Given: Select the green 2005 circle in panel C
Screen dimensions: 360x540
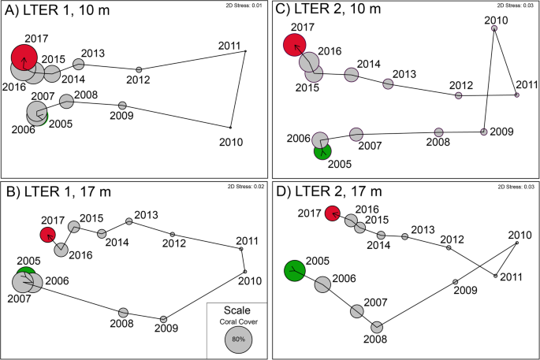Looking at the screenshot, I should (322, 150).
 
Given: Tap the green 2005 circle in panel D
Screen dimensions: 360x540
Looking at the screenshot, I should (295, 270).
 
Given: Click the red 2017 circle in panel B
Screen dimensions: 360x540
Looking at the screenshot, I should (49, 235).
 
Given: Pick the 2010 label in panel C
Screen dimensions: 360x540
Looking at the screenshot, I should (495, 19).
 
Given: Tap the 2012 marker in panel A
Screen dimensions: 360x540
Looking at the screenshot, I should (139, 69).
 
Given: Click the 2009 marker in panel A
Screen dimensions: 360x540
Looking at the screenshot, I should (122, 105).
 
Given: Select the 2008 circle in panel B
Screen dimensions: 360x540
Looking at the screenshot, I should (123, 313).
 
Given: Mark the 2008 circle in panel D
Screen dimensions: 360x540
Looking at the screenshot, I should (377, 326).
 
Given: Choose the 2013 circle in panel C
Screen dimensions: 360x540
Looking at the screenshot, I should (388, 84).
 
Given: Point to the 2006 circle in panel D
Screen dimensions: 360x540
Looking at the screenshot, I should (322, 284).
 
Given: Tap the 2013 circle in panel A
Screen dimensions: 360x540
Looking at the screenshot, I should (79, 64).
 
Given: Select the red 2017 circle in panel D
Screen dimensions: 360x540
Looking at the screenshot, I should (333, 213).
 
